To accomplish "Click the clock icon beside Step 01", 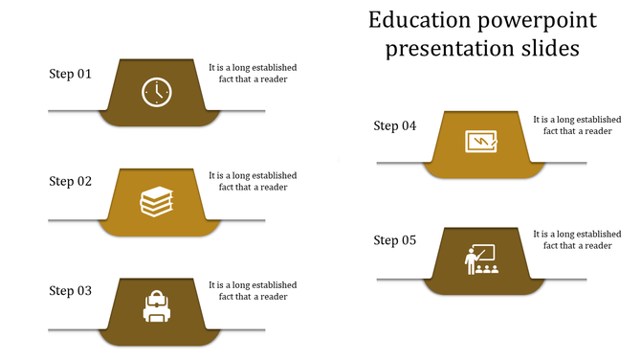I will pyautogui.click(x=157, y=92).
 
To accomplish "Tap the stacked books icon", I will pyautogui.click(x=157, y=201).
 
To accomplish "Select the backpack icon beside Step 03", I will pyautogui.click(x=157, y=307).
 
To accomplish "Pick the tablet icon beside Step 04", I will pyautogui.click(x=480, y=142).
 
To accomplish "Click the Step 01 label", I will pyautogui.click(x=71, y=74).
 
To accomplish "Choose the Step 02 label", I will pyautogui.click(x=71, y=181).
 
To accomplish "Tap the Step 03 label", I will pyautogui.click(x=71, y=290).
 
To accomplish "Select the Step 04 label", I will pyautogui.click(x=395, y=125).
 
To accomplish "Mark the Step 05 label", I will pyautogui.click(x=395, y=240).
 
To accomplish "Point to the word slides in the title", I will pyautogui.click(x=546, y=48).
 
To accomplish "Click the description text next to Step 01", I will pyautogui.click(x=253, y=74).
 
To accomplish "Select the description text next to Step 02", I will pyautogui.click(x=253, y=181).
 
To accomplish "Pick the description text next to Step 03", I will pyautogui.click(x=253, y=290).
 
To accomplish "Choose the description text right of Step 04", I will pyautogui.click(x=577, y=125).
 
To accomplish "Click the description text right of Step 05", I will pyautogui.click(x=577, y=239).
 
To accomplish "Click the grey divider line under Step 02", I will pyautogui.click(x=72, y=220).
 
